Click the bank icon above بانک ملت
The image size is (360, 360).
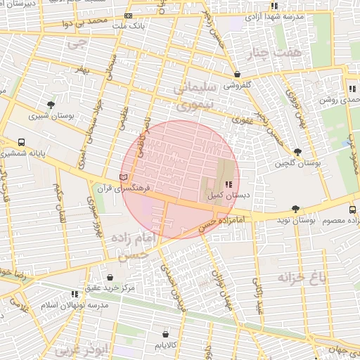pyautogui.click(x=127, y=15)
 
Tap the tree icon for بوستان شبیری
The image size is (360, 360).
pyautogui.click(x=51, y=105)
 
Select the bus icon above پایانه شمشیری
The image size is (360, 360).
pyautogui.click(x=22, y=141)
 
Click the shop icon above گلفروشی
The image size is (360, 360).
pyautogui.click(x=237, y=74)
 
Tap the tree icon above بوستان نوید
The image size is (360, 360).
pyautogui.click(x=295, y=209)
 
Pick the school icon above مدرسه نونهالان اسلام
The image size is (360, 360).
pyautogui.click(x=75, y=295)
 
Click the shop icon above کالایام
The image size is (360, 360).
pyautogui.click(x=165, y=334)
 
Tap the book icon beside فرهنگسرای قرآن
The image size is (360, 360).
pyautogui.click(x=124, y=177)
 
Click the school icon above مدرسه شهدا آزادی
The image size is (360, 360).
pyautogui.click(x=274, y=6)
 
